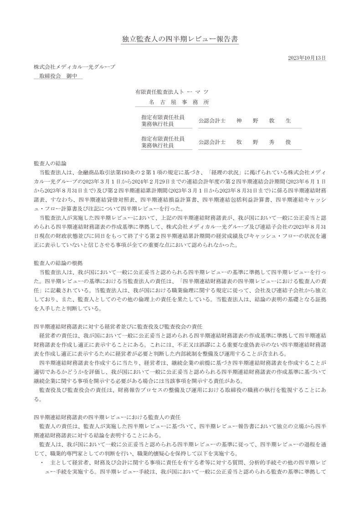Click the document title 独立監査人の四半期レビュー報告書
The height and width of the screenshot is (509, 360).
click(180, 39)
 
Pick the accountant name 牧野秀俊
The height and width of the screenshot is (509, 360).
click(263, 142)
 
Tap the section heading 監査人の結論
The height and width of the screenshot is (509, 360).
click(50, 163)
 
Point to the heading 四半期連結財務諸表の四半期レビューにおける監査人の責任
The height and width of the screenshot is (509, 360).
click(108, 417)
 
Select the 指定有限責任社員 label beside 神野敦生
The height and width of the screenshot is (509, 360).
click(163, 117)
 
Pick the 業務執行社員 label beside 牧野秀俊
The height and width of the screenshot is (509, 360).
click(157, 146)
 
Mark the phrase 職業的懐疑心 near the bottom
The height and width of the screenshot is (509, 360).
click(165, 453)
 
